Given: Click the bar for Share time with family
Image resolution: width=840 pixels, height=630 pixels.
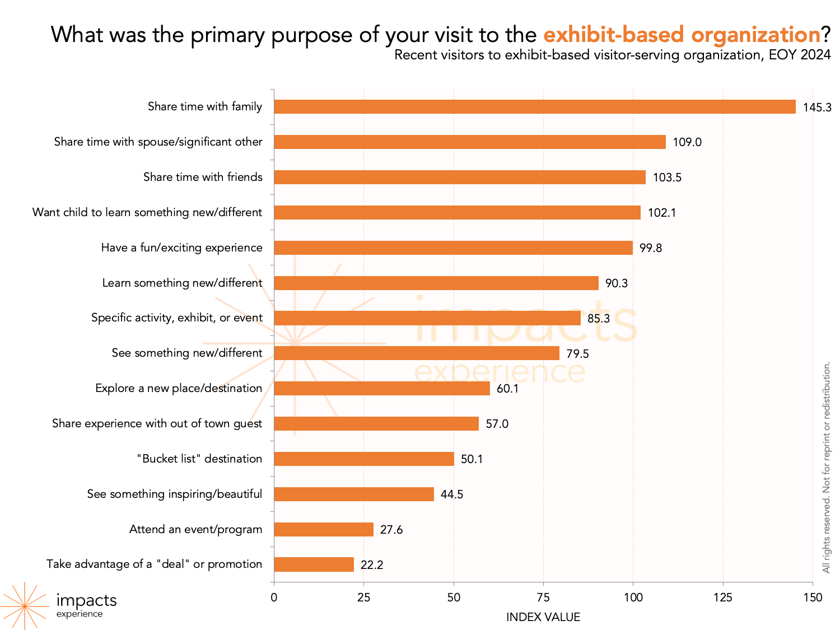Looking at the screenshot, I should tap(535, 107).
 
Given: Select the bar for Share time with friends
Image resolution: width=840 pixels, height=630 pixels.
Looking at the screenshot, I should tap(460, 178).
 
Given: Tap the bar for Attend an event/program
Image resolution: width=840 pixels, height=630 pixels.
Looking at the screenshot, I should tap(324, 530).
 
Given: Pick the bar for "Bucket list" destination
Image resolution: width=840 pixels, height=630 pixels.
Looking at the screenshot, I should tap(364, 459).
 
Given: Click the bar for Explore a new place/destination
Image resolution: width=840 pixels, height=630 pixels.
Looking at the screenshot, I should tap(382, 389).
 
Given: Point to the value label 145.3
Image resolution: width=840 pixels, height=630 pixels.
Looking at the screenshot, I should tap(817, 108).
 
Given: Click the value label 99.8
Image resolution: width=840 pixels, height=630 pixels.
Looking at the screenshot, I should tap(651, 248).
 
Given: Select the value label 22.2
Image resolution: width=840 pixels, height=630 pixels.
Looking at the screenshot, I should tap(372, 565).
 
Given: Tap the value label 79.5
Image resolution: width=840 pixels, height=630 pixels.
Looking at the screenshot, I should tap(577, 354).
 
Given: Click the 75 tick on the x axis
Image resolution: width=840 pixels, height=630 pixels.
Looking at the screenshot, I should tap(543, 598).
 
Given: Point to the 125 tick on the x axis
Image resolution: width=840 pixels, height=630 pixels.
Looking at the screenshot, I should tap(722, 598).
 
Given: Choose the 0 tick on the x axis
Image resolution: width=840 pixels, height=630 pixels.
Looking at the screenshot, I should tap(274, 598).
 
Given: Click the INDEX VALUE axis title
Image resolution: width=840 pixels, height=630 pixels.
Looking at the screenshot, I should tap(543, 617).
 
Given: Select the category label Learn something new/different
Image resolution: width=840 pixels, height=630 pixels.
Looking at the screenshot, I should tap(182, 283).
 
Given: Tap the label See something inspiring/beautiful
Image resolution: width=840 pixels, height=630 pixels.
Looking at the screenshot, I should tap(174, 494).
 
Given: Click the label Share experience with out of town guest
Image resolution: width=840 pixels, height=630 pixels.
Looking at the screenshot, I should tap(157, 423).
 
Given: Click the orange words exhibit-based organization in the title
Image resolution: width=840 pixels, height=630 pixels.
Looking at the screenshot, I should tap(682, 35).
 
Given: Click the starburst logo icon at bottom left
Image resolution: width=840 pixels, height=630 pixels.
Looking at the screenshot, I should tap(25, 606).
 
